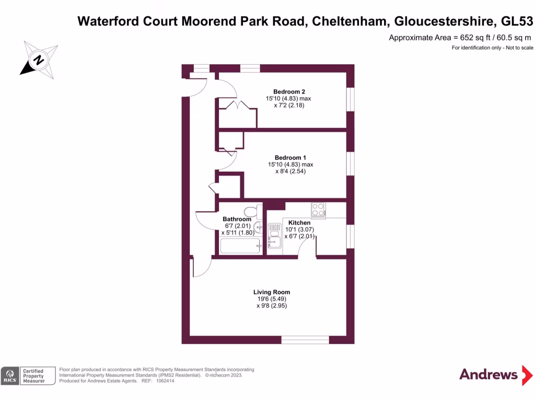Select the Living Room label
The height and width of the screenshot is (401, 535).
272,292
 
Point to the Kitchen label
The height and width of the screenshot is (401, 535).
299,223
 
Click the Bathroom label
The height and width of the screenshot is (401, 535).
233,219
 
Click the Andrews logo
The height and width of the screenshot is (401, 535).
489,374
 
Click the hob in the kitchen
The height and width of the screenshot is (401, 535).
318,209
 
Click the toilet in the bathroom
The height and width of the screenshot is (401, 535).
252,211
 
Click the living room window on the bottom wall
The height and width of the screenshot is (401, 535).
305,340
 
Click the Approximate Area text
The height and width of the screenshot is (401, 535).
461,38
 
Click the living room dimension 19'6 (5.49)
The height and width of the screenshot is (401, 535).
272,299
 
